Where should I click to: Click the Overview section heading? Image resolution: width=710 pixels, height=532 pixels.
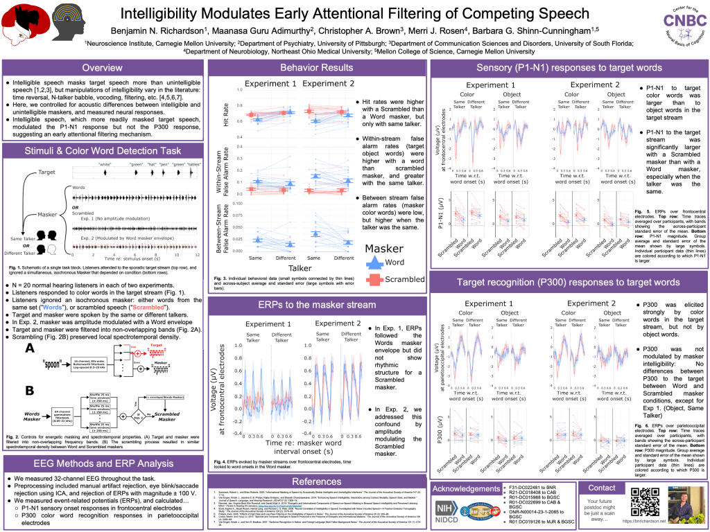tap(103, 68)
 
